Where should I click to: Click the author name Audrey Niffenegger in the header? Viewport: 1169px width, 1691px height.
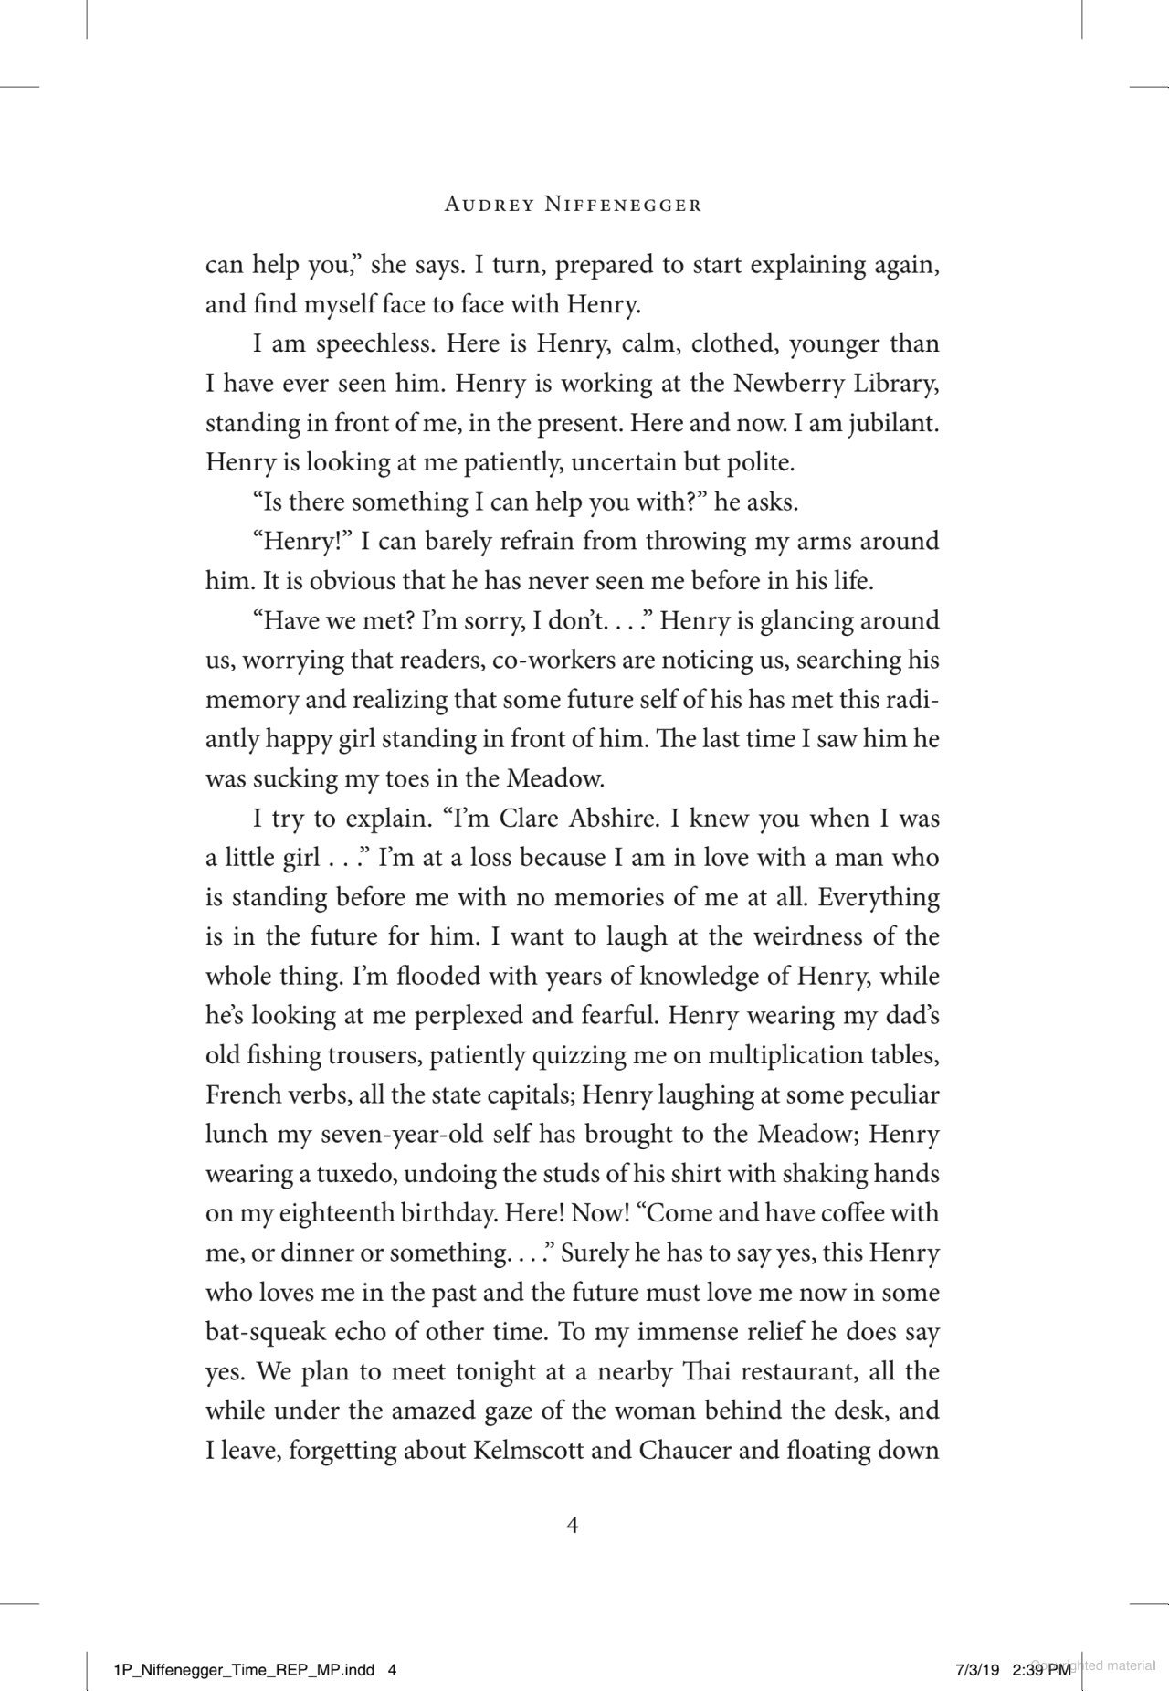pos(573,206)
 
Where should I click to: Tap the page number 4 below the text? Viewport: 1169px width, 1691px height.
pos(573,1526)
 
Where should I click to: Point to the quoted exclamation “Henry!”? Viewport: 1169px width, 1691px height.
pos(302,542)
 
